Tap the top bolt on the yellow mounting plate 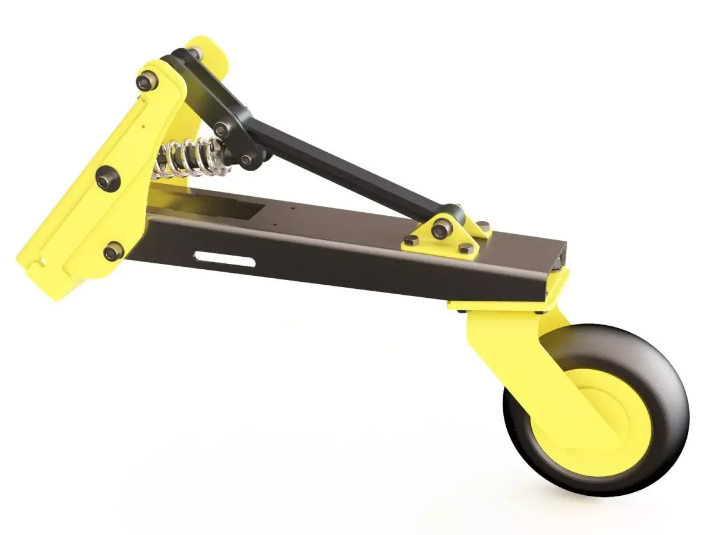(146, 81)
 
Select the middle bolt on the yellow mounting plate (108, 177)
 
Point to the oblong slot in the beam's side (225, 259)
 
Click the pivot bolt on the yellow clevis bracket (440, 229)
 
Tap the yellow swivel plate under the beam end (505, 303)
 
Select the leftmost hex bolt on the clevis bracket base (411, 240)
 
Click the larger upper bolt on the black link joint (222, 128)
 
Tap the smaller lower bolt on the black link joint (245, 159)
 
